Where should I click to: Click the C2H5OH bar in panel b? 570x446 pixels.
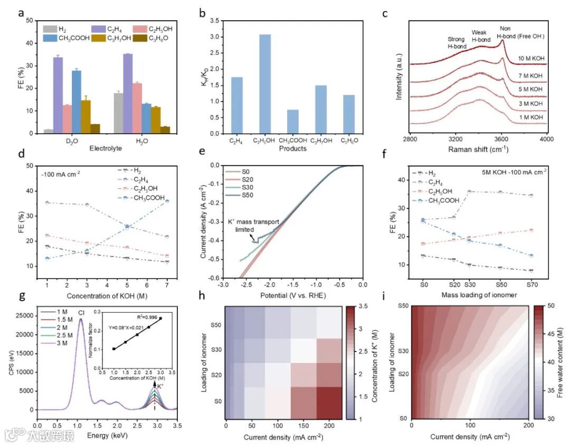[x=265, y=84]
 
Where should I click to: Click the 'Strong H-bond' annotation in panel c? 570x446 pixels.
[x=457, y=43]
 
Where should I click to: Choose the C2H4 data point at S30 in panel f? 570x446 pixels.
[x=469, y=191]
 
